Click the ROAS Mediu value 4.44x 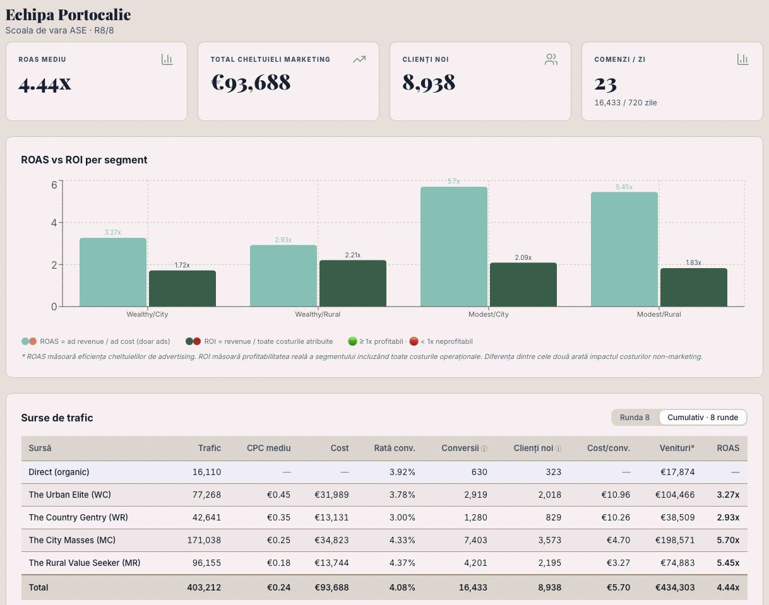click(45, 83)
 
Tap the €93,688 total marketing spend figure click(251, 83)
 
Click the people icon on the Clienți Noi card click(551, 59)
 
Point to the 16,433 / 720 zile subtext click(625, 102)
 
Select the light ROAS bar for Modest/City click(454, 247)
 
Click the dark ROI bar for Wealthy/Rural click(353, 283)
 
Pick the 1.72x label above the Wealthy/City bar click(182, 265)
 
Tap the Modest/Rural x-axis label click(659, 314)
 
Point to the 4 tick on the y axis click(54, 223)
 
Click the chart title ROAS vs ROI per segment click(84, 160)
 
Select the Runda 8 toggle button click(635, 417)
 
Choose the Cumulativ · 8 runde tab click(703, 417)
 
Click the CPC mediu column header click(268, 448)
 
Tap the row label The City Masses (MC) click(72, 540)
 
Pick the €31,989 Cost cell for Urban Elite click(331, 495)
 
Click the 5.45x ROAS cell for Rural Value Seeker click(728, 563)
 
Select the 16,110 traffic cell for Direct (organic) click(206, 472)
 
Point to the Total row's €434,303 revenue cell click(675, 587)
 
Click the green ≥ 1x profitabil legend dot click(352, 341)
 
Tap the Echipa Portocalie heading click(68, 15)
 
